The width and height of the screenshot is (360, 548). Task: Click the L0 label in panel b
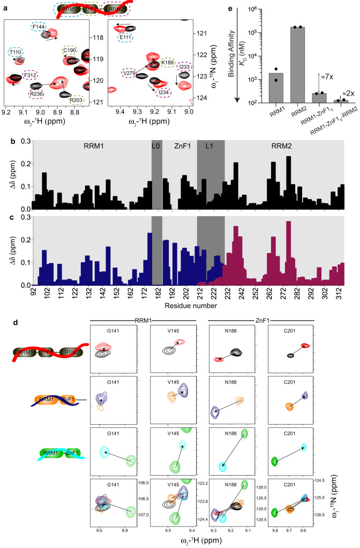pyautogui.click(x=156, y=130)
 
